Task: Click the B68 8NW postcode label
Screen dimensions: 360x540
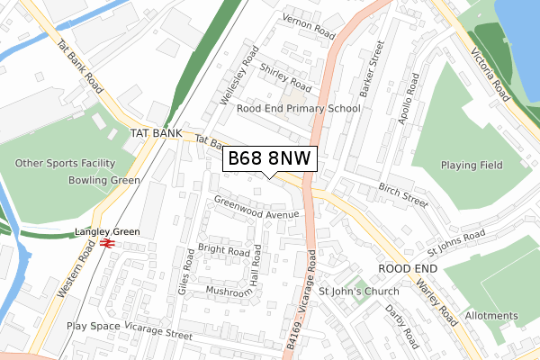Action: [269, 158]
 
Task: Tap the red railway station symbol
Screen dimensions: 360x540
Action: [106, 243]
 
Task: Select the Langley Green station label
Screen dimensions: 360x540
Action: [107, 232]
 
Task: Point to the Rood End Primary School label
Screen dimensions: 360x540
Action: [298, 109]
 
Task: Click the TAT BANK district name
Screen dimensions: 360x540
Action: [149, 132]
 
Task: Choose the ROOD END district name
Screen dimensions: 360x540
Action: [407, 269]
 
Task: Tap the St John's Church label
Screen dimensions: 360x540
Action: [358, 292]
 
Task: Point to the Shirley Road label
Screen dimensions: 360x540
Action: [284, 76]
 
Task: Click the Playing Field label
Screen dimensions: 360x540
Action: [471, 166]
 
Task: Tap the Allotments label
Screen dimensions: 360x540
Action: [491, 316]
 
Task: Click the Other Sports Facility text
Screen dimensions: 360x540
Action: [66, 164]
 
